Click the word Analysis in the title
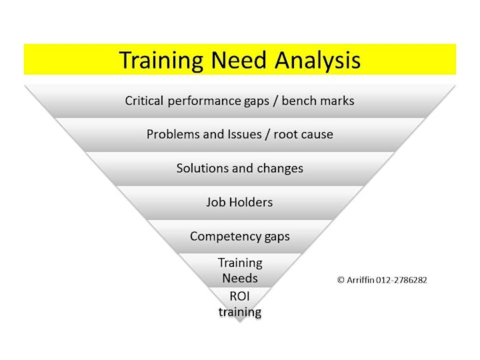coord(318,60)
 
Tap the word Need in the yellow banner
coord(239,59)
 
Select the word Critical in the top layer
coord(144,101)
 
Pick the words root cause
coord(303,135)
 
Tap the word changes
coord(280,169)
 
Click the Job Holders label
coord(239,202)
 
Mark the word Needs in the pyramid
coord(240,278)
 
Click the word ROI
coord(240,296)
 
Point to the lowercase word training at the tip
coord(240,312)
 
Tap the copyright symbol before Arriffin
coord(341,280)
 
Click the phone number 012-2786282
coord(401,280)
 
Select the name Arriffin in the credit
coord(361,280)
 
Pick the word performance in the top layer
coord(204,101)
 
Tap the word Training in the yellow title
coord(161,60)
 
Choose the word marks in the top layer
coord(337,101)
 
